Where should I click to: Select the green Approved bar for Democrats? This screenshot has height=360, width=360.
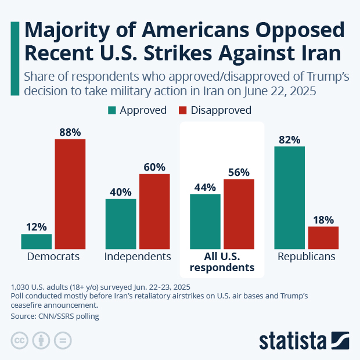(37, 242)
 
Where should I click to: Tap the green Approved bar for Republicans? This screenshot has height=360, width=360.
(290, 197)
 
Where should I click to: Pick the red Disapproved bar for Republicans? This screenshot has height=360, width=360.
(323, 237)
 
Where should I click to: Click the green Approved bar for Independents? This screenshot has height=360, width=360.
(121, 224)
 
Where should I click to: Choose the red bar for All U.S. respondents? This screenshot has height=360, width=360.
(239, 214)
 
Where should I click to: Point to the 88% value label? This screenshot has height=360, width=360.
(70, 131)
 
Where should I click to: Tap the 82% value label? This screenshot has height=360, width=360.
(290, 139)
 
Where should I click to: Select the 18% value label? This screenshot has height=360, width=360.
(323, 219)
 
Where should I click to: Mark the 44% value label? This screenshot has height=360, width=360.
(206, 187)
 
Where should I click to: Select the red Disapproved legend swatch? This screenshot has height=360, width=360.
(183, 110)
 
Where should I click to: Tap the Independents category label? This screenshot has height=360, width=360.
(138, 256)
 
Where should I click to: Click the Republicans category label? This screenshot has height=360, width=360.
(306, 256)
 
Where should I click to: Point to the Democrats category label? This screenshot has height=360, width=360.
(53, 256)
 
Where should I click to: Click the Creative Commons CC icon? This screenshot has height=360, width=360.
(20, 340)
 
